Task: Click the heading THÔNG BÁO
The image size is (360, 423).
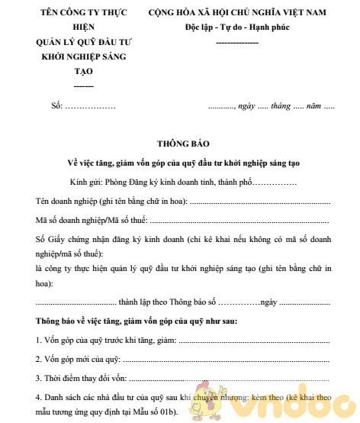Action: coord(180,144)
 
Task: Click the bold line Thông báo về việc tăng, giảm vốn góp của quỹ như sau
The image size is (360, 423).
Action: coord(137,320)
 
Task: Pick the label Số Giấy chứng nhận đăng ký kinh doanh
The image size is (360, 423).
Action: coord(114,240)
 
